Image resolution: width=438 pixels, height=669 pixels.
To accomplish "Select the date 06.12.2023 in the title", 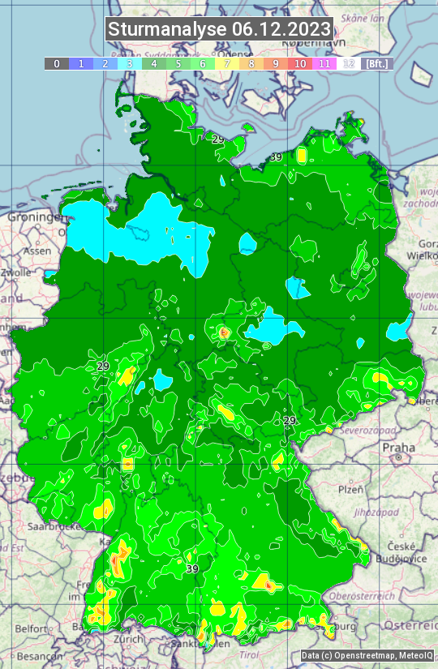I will tap(281, 30).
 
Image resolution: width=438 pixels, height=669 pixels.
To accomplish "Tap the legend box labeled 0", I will tap(56, 63).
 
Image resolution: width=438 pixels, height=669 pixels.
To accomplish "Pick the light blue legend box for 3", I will tap(130, 63).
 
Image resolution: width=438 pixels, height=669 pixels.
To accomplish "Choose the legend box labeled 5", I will tap(178, 63).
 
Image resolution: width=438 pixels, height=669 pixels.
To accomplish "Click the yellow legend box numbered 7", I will tap(227, 63).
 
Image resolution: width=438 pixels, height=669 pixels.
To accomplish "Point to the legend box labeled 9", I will tap(276, 63).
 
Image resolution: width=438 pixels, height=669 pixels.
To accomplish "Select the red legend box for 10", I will tap(300, 63).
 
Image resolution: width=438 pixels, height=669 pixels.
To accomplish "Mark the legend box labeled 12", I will tap(349, 63).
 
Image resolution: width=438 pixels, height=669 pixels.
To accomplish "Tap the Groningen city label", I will tap(35, 217).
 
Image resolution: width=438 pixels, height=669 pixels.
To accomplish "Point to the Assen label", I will tap(36, 251).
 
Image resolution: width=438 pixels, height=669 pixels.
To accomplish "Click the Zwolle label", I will tap(15, 273).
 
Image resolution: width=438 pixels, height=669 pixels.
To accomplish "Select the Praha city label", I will tap(398, 448).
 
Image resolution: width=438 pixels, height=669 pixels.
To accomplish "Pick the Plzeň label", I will tap(350, 490).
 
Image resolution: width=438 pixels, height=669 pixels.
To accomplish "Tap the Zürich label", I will tap(128, 639).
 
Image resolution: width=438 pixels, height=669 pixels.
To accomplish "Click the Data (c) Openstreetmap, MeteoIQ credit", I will tap(367, 655).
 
